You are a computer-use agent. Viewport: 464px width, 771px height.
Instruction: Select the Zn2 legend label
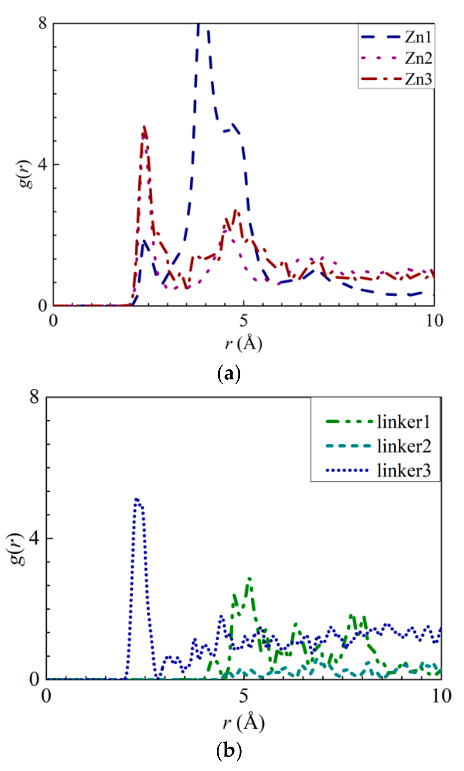(x=419, y=58)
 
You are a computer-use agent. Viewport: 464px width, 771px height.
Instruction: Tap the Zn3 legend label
(x=419, y=79)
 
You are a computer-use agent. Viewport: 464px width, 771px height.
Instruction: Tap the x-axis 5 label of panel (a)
(x=244, y=320)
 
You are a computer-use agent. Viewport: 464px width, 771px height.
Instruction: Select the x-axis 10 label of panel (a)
(x=434, y=320)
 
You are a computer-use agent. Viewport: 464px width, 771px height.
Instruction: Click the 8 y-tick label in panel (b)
(x=34, y=397)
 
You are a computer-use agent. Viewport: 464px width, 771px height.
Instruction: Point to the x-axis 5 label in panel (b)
(x=244, y=696)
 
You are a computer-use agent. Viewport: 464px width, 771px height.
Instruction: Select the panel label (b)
(x=229, y=750)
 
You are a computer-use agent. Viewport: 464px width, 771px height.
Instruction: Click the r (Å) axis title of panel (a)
(x=244, y=343)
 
